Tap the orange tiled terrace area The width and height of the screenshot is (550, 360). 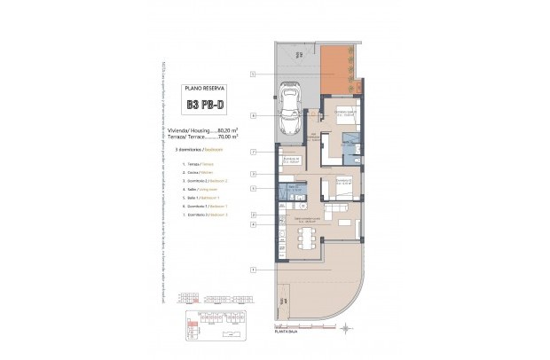pos(341,70)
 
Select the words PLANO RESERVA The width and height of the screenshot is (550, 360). pos(206,89)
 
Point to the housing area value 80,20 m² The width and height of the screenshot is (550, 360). pos(214,130)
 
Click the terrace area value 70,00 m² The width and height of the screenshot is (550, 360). pos(214,137)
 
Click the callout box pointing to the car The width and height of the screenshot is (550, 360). pos(253,115)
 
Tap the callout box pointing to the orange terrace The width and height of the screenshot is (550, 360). pos(253,74)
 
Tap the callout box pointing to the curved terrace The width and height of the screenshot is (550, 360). pos(253,269)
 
